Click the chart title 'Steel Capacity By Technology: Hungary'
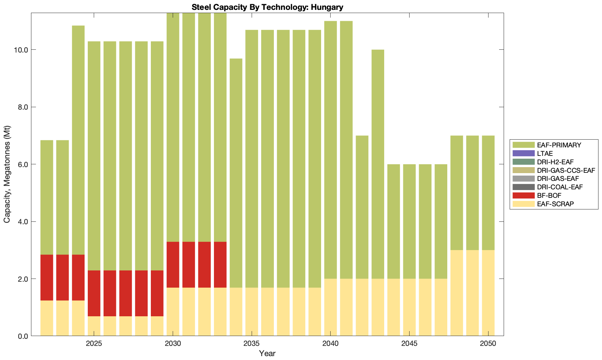(267, 7)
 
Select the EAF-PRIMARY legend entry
(559, 145)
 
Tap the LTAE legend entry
(545, 153)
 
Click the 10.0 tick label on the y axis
(21, 50)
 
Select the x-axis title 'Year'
(267, 353)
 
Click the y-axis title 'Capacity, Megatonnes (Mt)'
(7, 174)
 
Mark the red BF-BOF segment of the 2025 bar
(94, 293)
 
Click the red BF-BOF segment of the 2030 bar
(173, 264)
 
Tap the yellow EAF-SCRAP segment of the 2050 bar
(488, 293)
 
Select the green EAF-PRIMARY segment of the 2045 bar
(409, 221)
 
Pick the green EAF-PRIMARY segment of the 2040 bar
(330, 150)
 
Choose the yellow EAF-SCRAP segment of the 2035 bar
(252, 312)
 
